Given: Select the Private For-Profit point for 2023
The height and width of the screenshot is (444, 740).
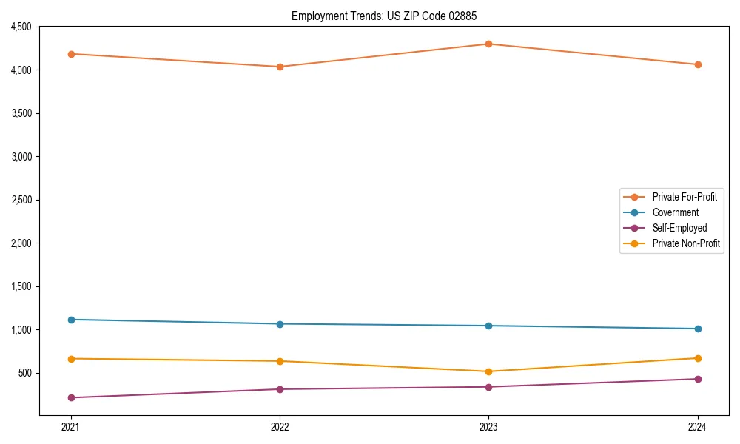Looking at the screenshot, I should point(488,44).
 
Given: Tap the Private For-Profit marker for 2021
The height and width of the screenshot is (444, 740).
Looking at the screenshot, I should point(71,54).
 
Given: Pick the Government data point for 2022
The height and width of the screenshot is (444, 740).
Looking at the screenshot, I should point(280,324).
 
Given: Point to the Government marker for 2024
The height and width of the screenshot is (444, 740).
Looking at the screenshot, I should point(697,329).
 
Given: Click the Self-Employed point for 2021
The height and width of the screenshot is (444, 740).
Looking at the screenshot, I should point(71,397).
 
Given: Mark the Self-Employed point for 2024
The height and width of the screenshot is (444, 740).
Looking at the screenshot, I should point(697,379).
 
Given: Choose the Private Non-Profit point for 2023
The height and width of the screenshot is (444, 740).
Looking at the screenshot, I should point(488,371).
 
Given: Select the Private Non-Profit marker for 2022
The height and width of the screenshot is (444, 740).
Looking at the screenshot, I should point(280,361).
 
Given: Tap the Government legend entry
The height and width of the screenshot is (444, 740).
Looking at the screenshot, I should point(675,212).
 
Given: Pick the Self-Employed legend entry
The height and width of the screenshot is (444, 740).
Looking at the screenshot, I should point(679,228).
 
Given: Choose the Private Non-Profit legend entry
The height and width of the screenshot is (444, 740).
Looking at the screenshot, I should point(686,243).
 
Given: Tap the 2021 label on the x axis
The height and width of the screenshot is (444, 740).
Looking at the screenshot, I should point(71,427).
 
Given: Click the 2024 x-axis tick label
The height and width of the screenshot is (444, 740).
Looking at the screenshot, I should point(697,427).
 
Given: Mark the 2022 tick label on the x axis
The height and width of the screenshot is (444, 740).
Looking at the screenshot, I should point(280,427).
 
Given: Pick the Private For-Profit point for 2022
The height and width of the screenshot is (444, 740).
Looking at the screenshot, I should point(280,67).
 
